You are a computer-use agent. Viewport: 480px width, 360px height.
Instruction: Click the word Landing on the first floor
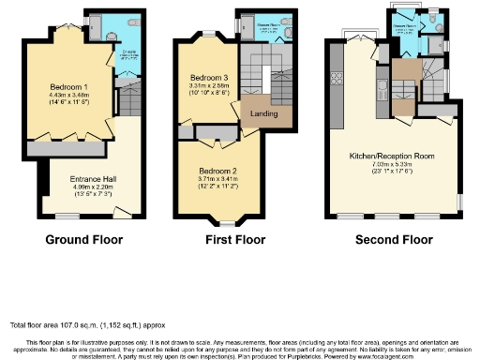(262, 113)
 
